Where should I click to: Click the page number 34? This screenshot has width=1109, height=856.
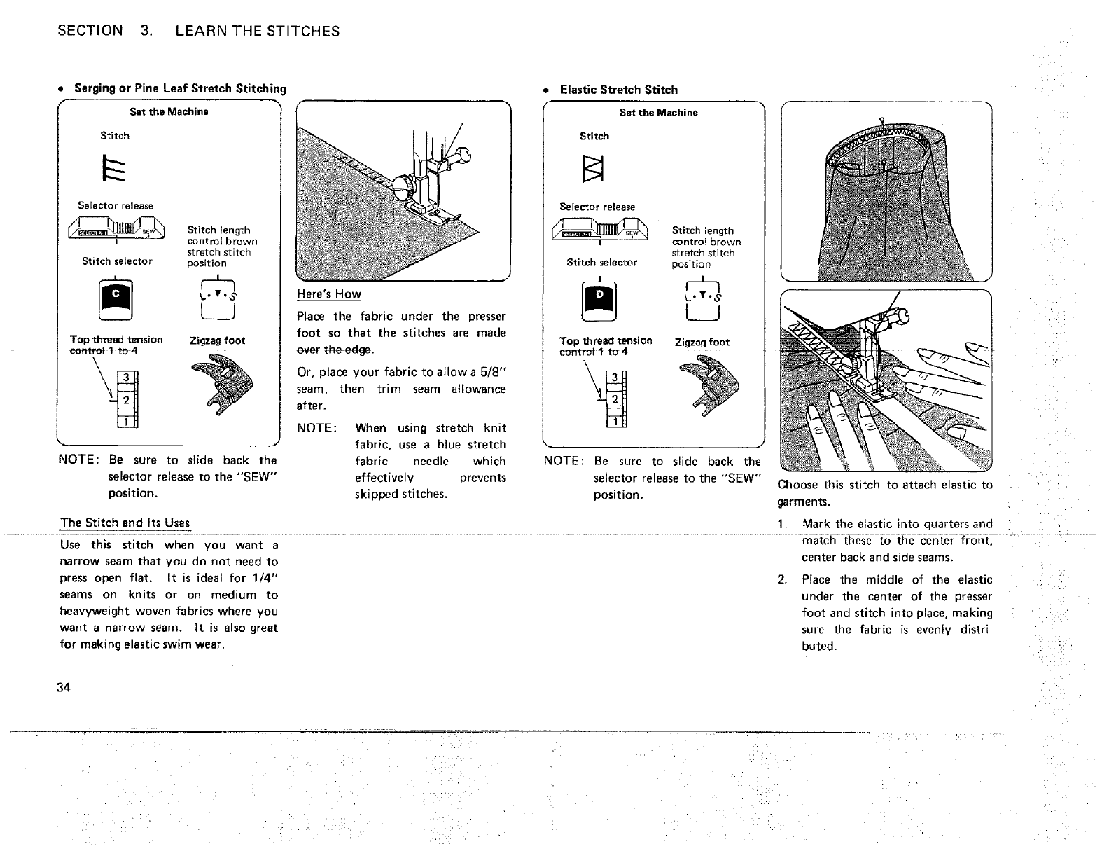point(65,687)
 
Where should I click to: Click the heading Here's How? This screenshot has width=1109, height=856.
point(329,294)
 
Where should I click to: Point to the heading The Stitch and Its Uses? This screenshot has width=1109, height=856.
point(125,523)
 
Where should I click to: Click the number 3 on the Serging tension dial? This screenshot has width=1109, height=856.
point(125,379)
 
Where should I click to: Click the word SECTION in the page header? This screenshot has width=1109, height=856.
point(90,31)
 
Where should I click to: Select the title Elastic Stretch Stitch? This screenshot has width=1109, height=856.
point(619,90)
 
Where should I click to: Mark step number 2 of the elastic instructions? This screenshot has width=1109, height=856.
point(783,579)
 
